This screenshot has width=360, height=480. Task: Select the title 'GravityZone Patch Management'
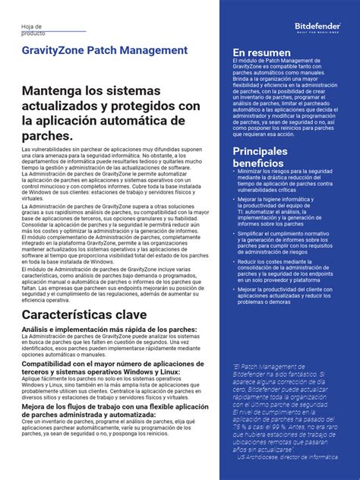(x=104, y=50)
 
